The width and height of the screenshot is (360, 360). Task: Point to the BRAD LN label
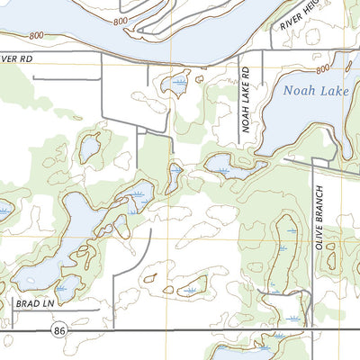pos(34,304)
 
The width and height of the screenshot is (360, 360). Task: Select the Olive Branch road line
pos(310,243)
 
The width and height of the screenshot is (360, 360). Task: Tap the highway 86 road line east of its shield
pos(180,331)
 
